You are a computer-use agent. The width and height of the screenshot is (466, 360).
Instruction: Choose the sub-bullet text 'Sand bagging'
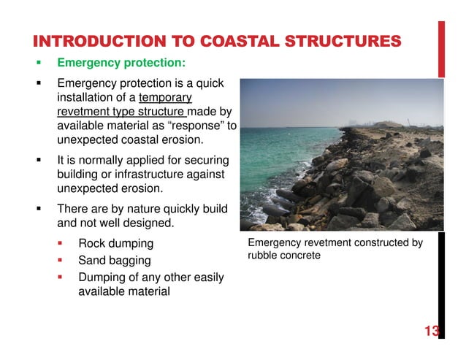tap(115, 261)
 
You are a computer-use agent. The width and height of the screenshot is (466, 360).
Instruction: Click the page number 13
tap(431, 332)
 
